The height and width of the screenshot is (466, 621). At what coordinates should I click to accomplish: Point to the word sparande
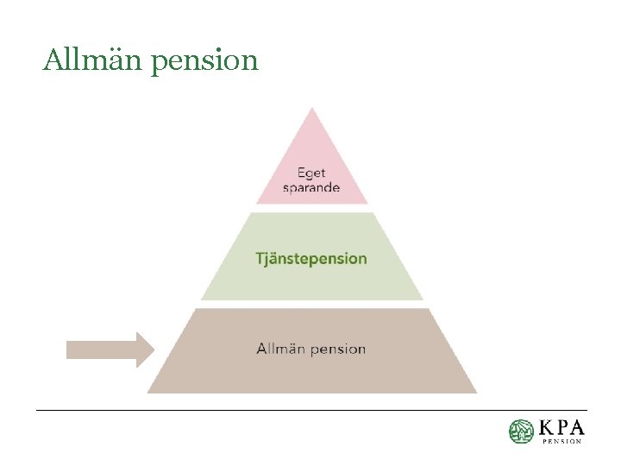pyautogui.click(x=311, y=187)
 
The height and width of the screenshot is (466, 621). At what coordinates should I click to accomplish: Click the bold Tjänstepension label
pyautogui.click(x=311, y=259)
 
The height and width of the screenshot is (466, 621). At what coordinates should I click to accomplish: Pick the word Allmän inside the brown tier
pyautogui.click(x=280, y=349)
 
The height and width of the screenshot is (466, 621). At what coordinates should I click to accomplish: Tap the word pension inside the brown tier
pyautogui.click(x=337, y=349)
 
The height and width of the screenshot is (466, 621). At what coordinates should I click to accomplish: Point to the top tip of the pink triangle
pyautogui.click(x=312, y=110)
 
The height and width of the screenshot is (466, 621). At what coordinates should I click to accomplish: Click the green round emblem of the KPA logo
pyautogui.click(x=521, y=431)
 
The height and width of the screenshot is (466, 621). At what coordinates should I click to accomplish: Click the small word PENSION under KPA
pyautogui.click(x=561, y=441)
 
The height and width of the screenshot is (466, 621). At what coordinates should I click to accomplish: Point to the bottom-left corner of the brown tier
pyautogui.click(x=148, y=392)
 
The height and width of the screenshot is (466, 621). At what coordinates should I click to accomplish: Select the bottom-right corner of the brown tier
pyautogui.click(x=475, y=392)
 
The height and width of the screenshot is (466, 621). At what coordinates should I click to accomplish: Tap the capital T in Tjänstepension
pyautogui.click(x=260, y=258)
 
